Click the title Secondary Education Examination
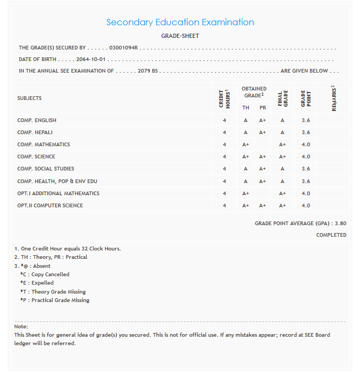pos(180,22)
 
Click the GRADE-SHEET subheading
pos(180,36)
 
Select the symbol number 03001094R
pos(123,48)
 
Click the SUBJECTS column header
pos(29,98)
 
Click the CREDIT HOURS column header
pos(224,98)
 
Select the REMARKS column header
pos(334,98)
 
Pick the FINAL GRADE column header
pos(283,98)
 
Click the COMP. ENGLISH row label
pos(37,120)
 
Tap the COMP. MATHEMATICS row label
pos(44,145)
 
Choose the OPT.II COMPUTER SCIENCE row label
pos(50,206)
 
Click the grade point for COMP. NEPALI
pos(306,133)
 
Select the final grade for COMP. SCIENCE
pos(283,157)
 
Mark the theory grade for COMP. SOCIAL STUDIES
pos(245,169)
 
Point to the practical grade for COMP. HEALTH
pos(263,181)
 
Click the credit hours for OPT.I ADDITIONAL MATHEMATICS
pos(224,194)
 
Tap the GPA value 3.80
pos(340,224)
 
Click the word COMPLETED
pos(331,235)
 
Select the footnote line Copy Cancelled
pos(45,275)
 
